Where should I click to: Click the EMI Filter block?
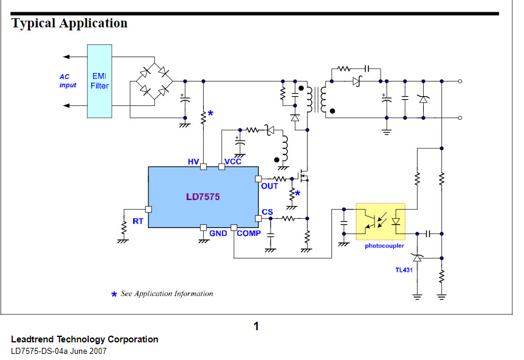click(100, 81)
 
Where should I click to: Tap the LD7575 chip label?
click(203, 197)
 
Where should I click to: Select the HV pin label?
click(193, 162)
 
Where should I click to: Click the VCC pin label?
click(233, 162)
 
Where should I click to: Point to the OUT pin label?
click(269, 186)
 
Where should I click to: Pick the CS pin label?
click(267, 212)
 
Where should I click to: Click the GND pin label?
click(218, 234)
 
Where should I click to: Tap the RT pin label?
click(138, 221)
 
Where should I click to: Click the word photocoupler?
click(384, 246)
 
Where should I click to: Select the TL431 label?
click(404, 269)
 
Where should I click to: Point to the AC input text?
click(67, 81)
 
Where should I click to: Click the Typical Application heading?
click(70, 24)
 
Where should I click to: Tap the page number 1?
click(257, 327)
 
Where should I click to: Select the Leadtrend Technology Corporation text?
click(84, 339)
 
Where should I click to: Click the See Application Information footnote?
click(167, 294)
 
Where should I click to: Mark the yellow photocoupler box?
click(380, 222)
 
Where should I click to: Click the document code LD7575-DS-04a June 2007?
click(58, 351)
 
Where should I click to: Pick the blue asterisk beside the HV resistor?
click(211, 113)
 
